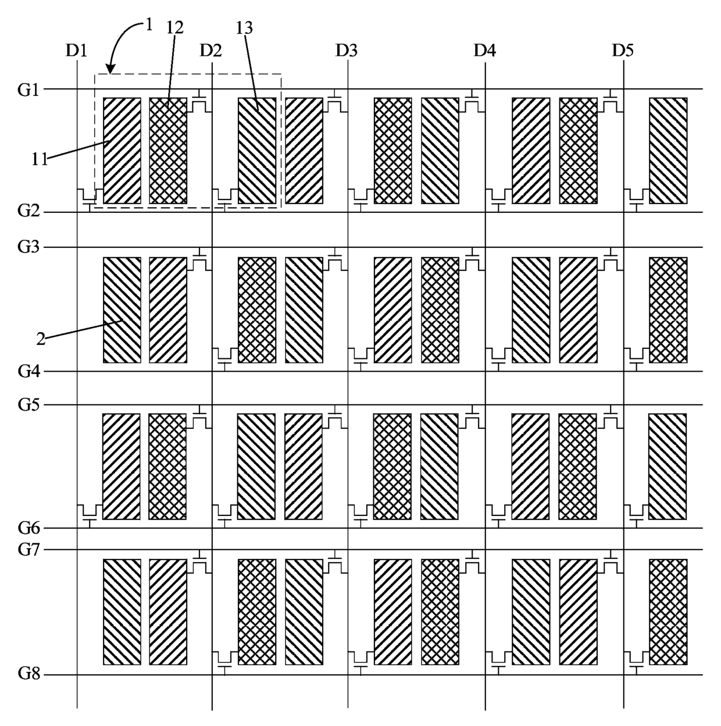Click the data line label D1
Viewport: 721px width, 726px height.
76,50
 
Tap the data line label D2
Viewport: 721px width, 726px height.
210,50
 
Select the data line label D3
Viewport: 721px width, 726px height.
346,50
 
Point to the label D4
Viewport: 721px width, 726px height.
484,50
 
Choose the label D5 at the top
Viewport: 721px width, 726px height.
623,50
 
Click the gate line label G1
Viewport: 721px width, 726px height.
28,90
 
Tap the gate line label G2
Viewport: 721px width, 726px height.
28,211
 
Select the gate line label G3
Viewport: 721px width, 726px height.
28,247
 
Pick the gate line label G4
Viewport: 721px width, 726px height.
28,371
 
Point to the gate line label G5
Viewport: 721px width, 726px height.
28,405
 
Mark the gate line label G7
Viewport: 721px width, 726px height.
28,550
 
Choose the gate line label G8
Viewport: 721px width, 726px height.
28,673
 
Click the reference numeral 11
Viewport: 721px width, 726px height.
39,159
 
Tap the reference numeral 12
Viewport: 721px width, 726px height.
175,27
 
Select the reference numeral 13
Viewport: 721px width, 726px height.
244,27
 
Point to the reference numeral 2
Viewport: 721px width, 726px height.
41,339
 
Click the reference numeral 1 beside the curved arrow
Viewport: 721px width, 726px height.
149,25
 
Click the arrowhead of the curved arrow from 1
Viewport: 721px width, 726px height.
110,69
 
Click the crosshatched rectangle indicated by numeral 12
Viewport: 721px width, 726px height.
168,151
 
